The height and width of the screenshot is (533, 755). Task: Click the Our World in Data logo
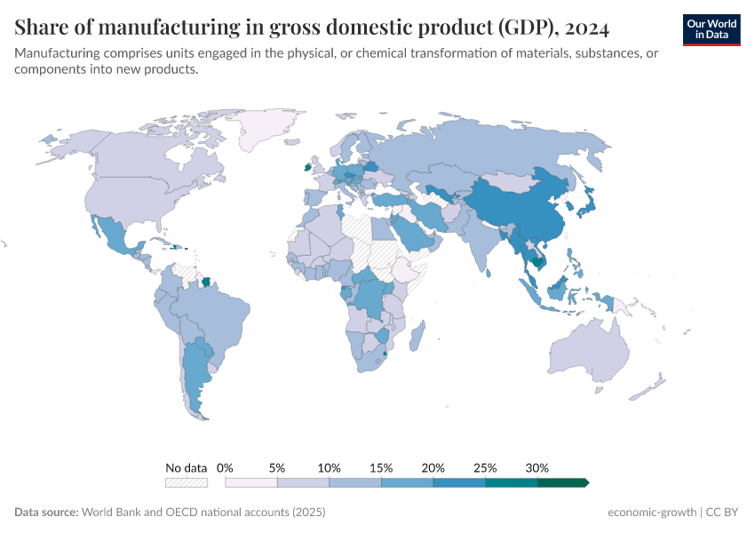(x=711, y=29)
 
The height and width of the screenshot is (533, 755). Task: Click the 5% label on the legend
(x=277, y=467)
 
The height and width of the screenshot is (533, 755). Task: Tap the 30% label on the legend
(x=537, y=467)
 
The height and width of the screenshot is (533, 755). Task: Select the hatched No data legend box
(x=186, y=482)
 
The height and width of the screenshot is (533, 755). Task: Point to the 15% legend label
(x=381, y=467)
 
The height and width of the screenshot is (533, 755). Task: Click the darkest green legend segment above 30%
(x=562, y=482)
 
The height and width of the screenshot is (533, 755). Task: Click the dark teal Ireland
(x=307, y=166)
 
